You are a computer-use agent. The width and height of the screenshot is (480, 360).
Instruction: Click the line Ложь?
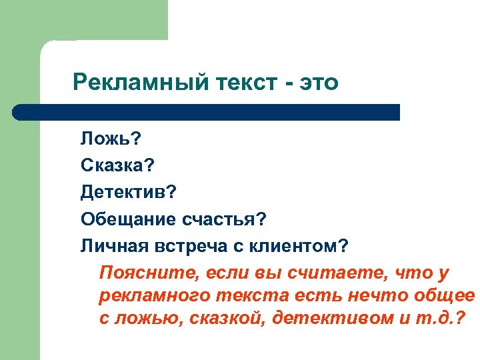pos(111,139)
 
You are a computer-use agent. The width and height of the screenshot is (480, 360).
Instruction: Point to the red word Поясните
pos(137,273)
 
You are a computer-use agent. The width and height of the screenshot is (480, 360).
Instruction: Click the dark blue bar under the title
pos(207,112)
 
